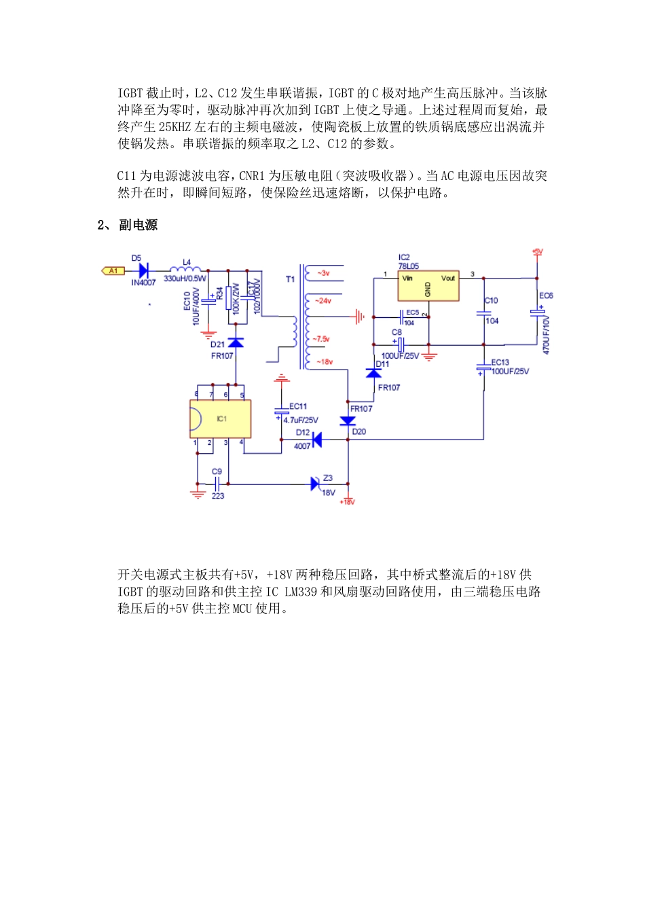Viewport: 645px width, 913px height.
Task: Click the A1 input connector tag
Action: coord(113,271)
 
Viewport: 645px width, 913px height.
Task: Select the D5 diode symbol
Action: coord(143,271)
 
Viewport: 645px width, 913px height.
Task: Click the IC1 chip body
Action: coord(221,419)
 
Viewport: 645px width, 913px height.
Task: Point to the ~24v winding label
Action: coord(322,300)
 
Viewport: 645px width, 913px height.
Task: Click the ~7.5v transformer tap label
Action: coord(321,338)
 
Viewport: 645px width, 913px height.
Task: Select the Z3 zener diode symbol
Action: coord(316,484)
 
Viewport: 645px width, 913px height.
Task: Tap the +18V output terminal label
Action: coord(347,502)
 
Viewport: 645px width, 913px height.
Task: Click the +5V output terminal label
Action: coord(537,252)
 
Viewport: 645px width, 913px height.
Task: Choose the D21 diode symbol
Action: coord(236,343)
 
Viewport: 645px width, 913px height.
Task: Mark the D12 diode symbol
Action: coord(316,440)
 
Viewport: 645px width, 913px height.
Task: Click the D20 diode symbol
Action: coord(348,422)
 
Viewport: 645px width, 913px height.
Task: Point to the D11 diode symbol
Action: coord(373,373)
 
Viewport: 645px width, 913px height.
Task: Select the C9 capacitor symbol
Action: coord(218,484)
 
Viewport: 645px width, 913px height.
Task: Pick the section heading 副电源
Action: coord(138,225)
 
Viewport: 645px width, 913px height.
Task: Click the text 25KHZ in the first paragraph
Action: coord(176,127)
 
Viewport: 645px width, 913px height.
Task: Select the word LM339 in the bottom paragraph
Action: coord(300,592)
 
